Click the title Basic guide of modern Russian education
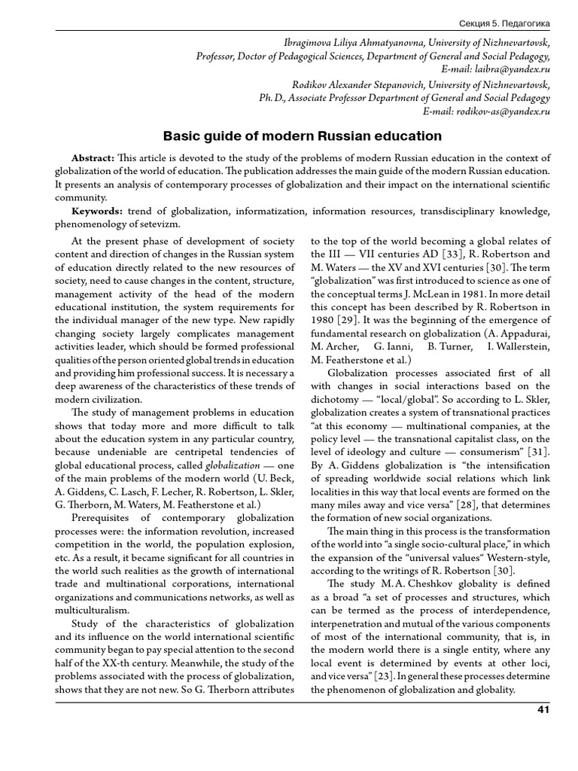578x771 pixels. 302,136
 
